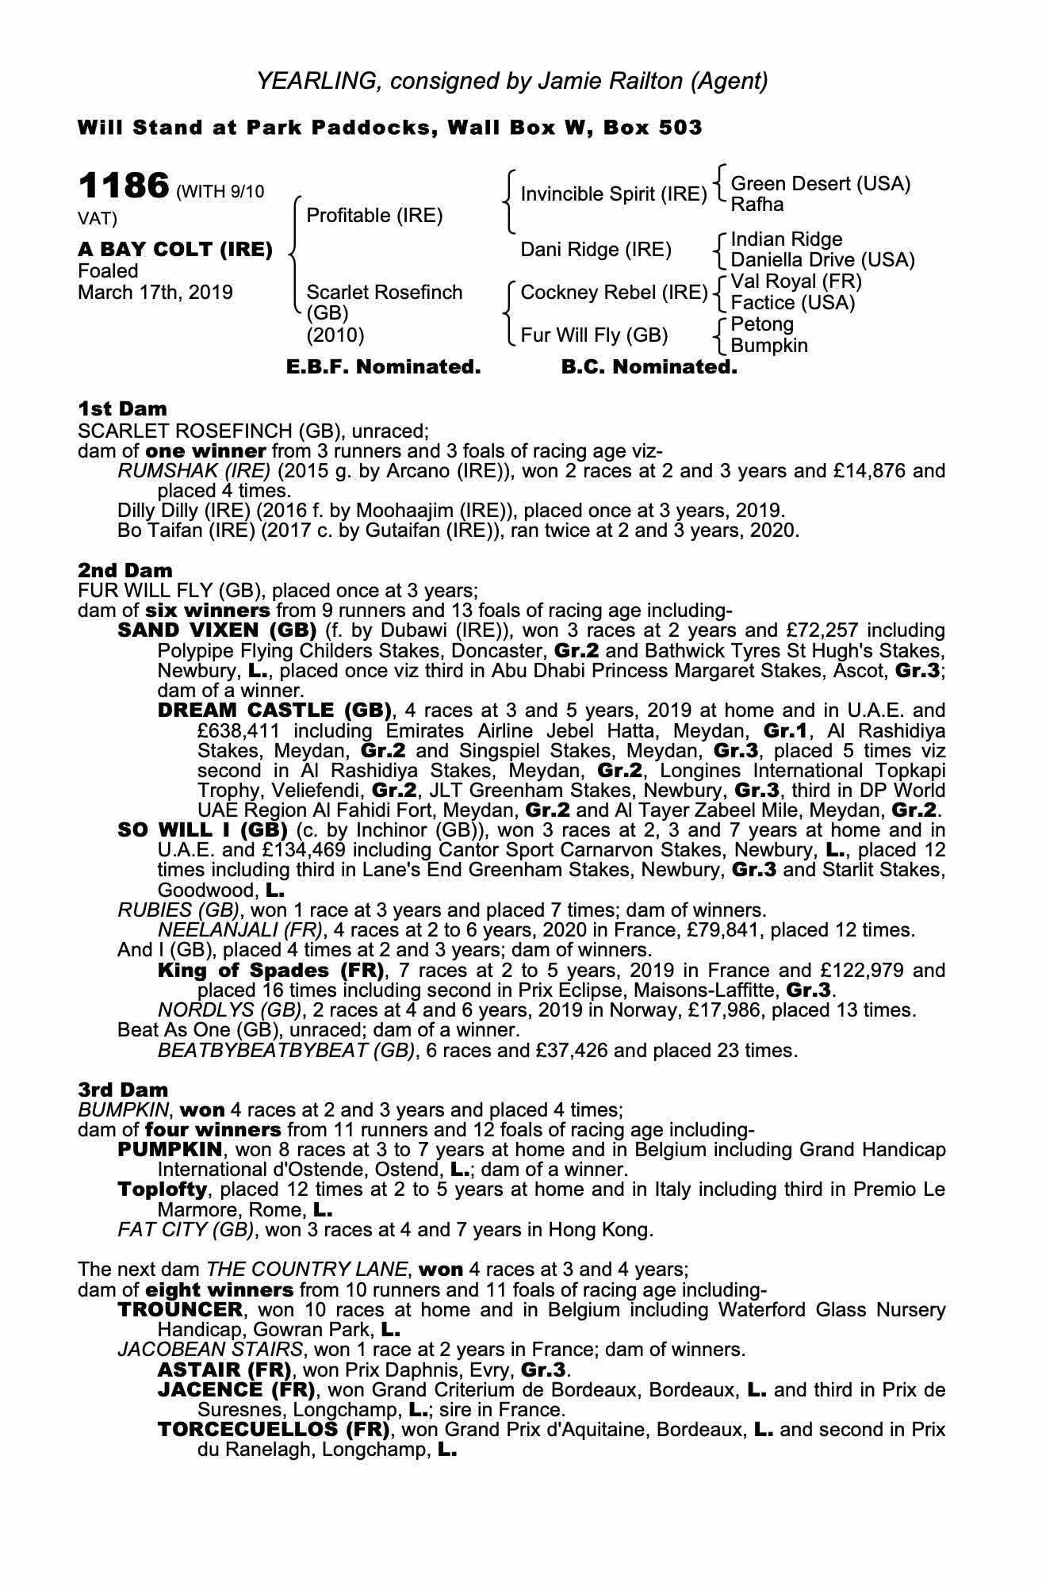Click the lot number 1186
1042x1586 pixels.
pyautogui.click(x=123, y=187)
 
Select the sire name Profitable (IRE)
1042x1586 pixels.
pyautogui.click(x=374, y=216)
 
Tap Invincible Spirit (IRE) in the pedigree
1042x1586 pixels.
pyautogui.click(x=613, y=194)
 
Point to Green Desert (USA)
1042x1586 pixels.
pyautogui.click(x=821, y=184)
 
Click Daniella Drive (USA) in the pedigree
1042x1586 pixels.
pyautogui.click(x=822, y=260)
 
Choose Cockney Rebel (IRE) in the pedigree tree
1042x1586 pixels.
pyautogui.click(x=614, y=293)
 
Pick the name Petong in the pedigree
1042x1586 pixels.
pyautogui.click(x=761, y=324)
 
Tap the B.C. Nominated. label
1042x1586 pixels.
pyautogui.click(x=649, y=367)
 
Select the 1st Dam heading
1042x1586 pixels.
pyautogui.click(x=123, y=409)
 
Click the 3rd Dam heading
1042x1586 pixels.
pyautogui.click(x=123, y=1090)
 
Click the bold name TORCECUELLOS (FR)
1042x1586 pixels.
pyautogui.click(x=274, y=1430)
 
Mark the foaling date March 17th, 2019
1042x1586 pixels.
pyautogui.click(x=155, y=293)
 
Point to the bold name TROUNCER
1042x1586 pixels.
pyautogui.click(x=179, y=1309)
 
